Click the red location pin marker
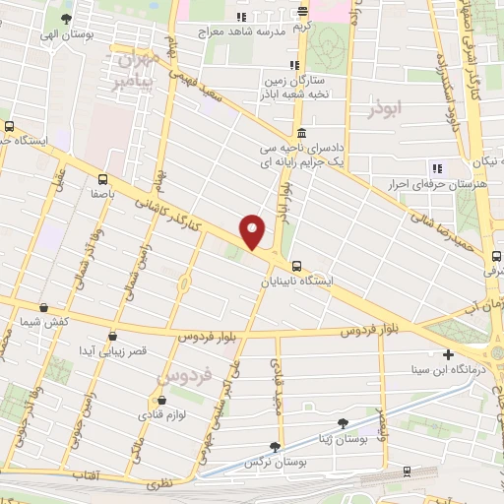[253, 231]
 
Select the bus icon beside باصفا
[102, 179]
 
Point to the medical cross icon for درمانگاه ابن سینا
[449, 354]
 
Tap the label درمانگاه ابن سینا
[449, 370]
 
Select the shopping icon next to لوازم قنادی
[161, 401]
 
